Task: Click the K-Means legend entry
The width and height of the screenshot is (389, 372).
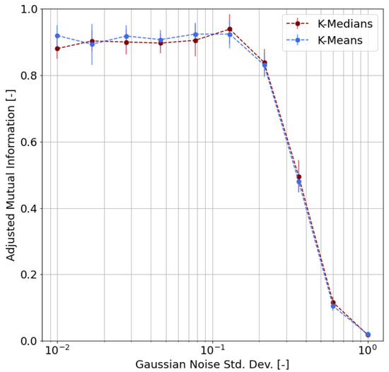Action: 337,40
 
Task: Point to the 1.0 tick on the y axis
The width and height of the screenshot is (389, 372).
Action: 31,9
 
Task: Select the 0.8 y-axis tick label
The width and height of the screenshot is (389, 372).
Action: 31,76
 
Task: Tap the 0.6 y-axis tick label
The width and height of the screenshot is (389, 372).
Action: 31,142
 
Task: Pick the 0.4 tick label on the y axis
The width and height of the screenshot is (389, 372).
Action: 31,208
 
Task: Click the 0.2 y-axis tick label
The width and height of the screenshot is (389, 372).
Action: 31,275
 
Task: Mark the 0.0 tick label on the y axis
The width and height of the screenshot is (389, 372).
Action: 31,341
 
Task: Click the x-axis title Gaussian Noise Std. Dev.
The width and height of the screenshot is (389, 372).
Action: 212,365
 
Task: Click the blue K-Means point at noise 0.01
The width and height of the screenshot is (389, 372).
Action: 57,35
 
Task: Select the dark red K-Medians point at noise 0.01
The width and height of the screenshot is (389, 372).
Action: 57,49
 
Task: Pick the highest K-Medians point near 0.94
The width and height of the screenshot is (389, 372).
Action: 230,29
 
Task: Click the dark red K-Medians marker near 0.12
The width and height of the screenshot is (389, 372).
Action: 333,303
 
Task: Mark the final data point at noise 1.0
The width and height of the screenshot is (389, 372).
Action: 368,335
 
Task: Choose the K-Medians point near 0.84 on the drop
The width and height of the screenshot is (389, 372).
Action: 265,63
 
